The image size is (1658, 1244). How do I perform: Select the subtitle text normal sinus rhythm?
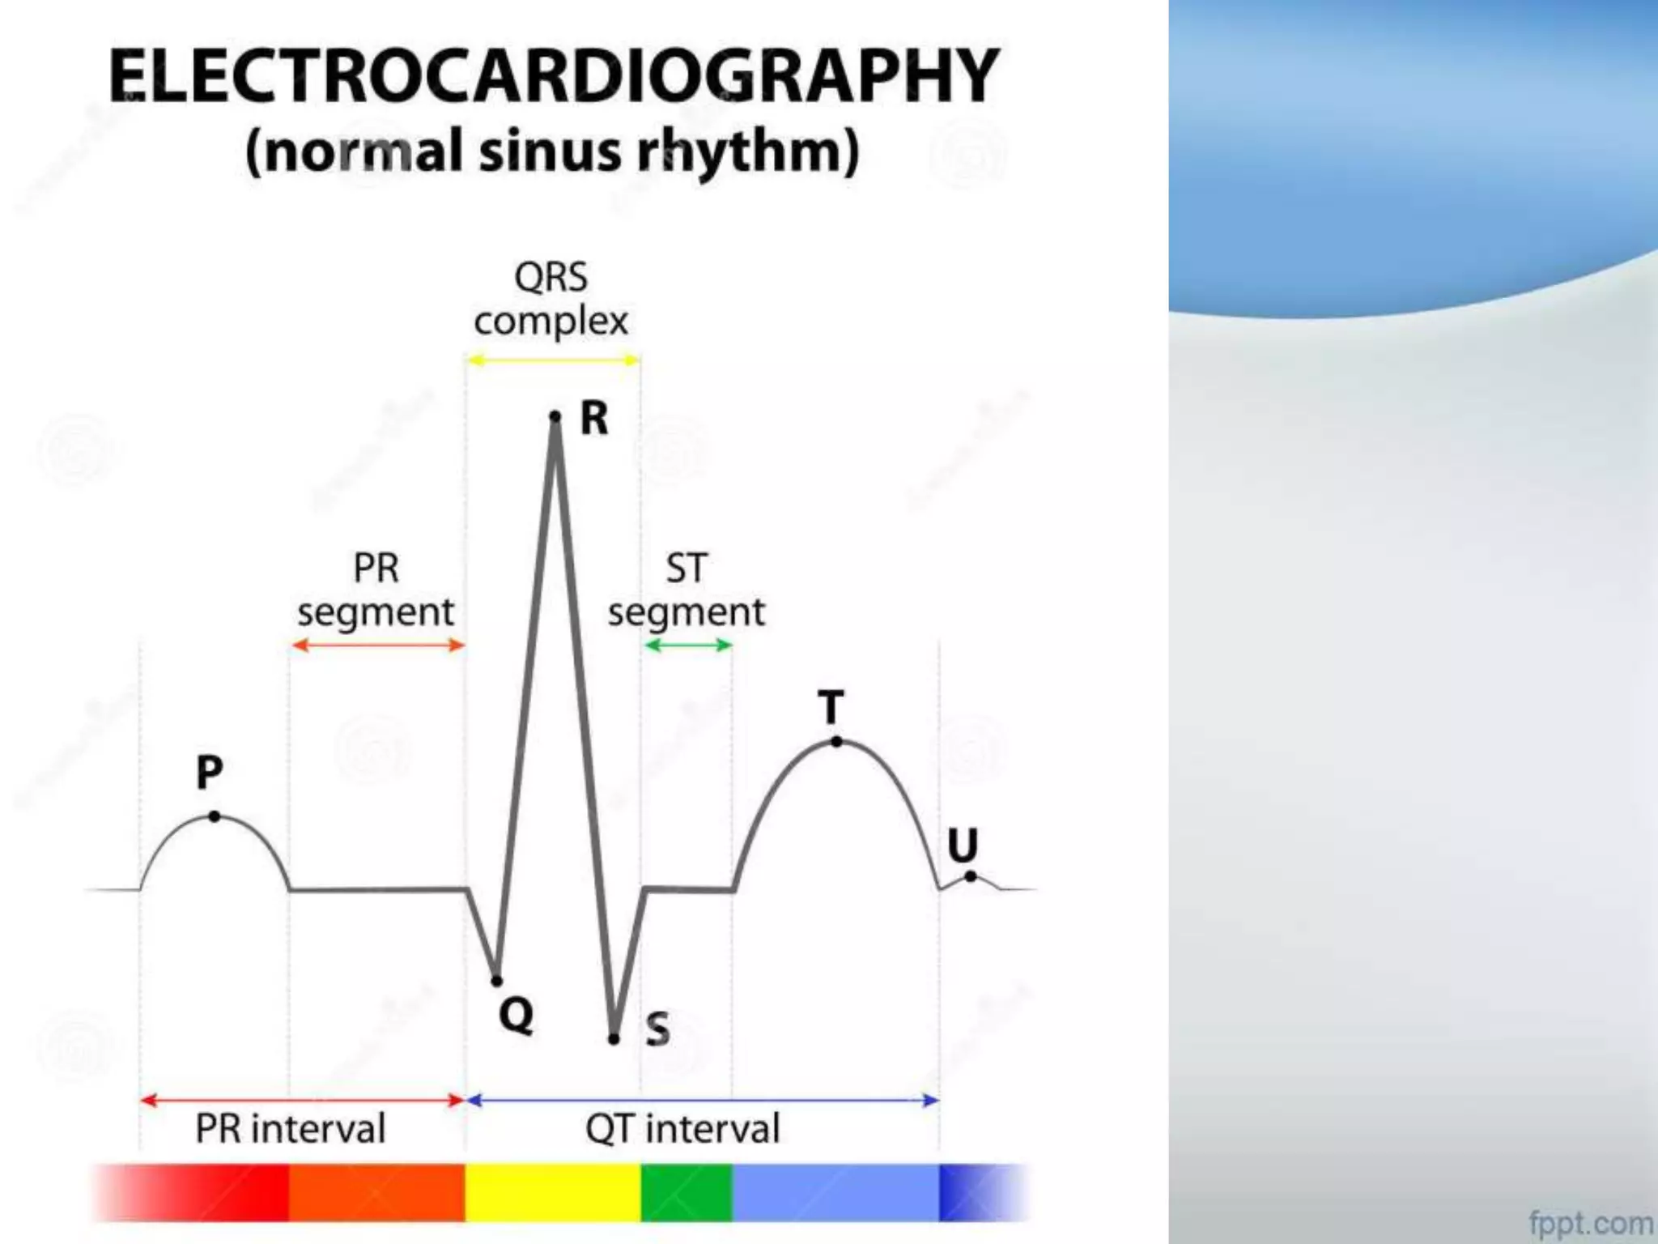click(552, 151)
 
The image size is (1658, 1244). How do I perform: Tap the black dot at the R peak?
click(555, 416)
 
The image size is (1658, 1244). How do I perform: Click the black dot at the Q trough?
click(497, 981)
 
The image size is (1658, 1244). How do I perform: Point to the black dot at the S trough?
click(614, 1038)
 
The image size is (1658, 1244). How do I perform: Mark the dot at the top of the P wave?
click(214, 816)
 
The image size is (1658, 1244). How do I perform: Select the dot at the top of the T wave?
click(836, 741)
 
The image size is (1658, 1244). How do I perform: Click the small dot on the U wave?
click(970, 876)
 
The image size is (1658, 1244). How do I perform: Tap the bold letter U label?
click(963, 846)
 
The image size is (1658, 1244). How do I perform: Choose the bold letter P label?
click(209, 772)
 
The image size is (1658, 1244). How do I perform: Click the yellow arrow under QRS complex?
click(554, 360)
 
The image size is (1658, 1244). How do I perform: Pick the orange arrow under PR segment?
click(377, 645)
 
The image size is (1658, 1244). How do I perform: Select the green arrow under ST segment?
click(688, 645)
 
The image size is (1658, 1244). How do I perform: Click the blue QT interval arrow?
click(703, 1100)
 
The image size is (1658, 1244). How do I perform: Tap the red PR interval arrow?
click(302, 1100)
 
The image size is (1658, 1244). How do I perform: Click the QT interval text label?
click(682, 1128)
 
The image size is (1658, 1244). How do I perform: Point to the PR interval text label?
click(290, 1128)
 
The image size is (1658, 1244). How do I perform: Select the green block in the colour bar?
click(687, 1192)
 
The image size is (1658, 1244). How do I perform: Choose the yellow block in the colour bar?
click(553, 1192)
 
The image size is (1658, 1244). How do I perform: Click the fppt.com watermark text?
click(1591, 1221)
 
